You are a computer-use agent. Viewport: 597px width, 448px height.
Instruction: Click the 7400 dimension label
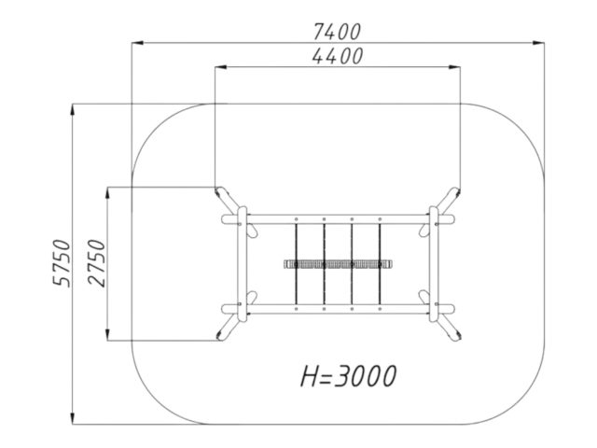(x=337, y=32)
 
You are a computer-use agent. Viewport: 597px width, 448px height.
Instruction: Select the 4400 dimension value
(x=338, y=56)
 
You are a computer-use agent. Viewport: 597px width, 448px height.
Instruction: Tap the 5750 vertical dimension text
(x=62, y=263)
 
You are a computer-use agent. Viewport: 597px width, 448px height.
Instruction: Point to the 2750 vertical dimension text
(x=96, y=263)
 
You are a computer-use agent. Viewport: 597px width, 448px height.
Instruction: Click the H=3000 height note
(x=348, y=376)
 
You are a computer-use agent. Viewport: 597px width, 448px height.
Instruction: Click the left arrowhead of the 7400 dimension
(x=137, y=43)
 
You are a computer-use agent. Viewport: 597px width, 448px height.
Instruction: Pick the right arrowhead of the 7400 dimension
(x=538, y=43)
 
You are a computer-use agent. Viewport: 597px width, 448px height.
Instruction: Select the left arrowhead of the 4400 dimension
(x=220, y=67)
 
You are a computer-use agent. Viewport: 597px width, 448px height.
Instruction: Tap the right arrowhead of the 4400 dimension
(x=454, y=67)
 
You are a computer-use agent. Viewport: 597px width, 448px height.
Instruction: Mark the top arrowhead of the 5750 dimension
(x=73, y=109)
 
